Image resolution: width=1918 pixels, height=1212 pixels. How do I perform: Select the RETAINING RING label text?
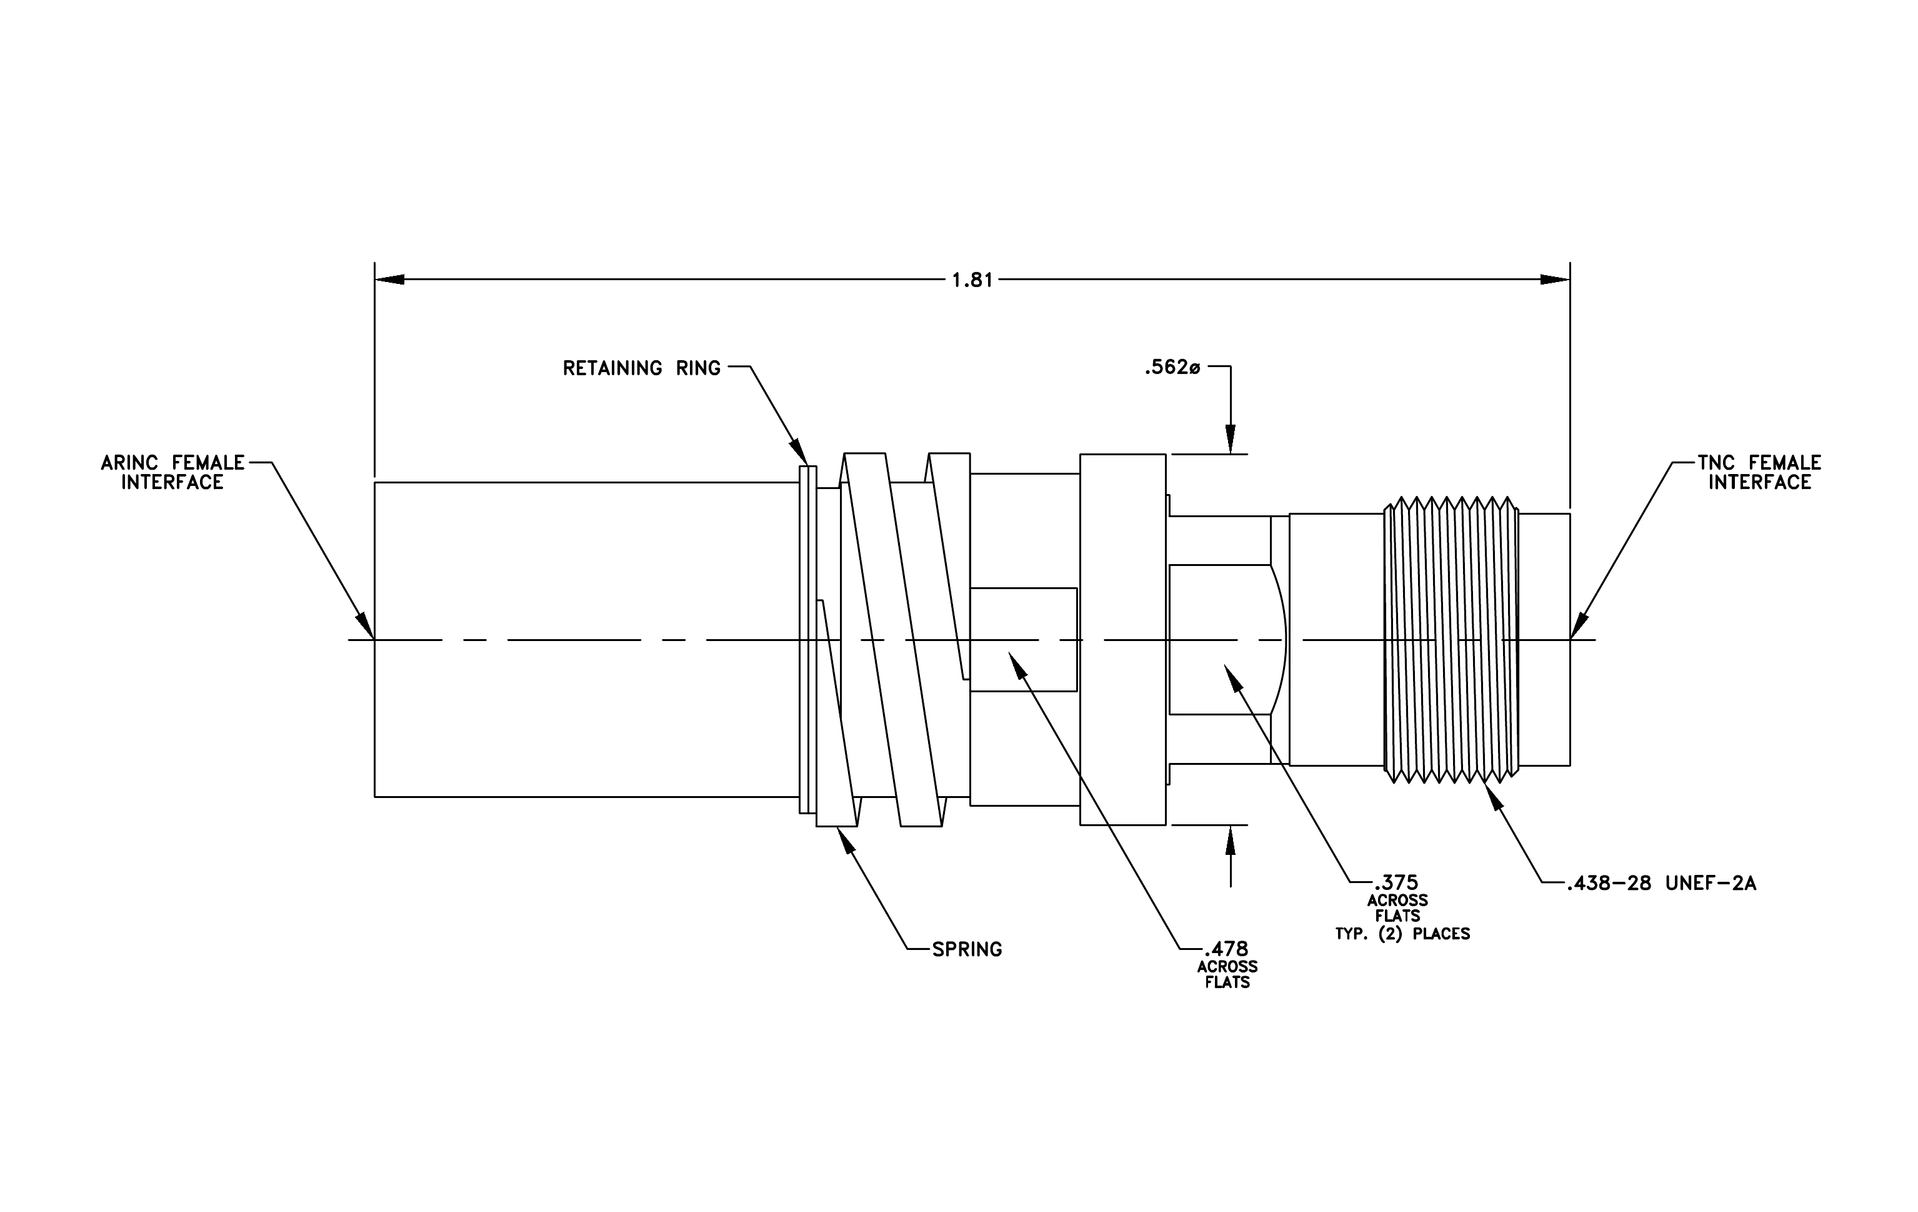tap(641, 368)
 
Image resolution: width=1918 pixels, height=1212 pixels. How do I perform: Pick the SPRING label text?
tap(967, 949)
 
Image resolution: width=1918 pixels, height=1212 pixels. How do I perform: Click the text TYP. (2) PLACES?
tap(1402, 934)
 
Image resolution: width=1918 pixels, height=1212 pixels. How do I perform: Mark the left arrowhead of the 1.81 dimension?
tap(389, 280)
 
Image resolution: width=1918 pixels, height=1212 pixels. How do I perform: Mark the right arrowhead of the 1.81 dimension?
tap(1555, 280)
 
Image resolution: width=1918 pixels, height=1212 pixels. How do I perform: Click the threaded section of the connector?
tap(1451, 640)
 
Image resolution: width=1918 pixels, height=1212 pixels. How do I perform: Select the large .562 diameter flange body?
tap(1123, 640)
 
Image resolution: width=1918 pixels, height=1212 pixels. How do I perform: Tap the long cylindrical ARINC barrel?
tap(587, 639)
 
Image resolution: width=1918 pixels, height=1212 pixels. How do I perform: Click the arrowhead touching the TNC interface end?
tap(1578, 626)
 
